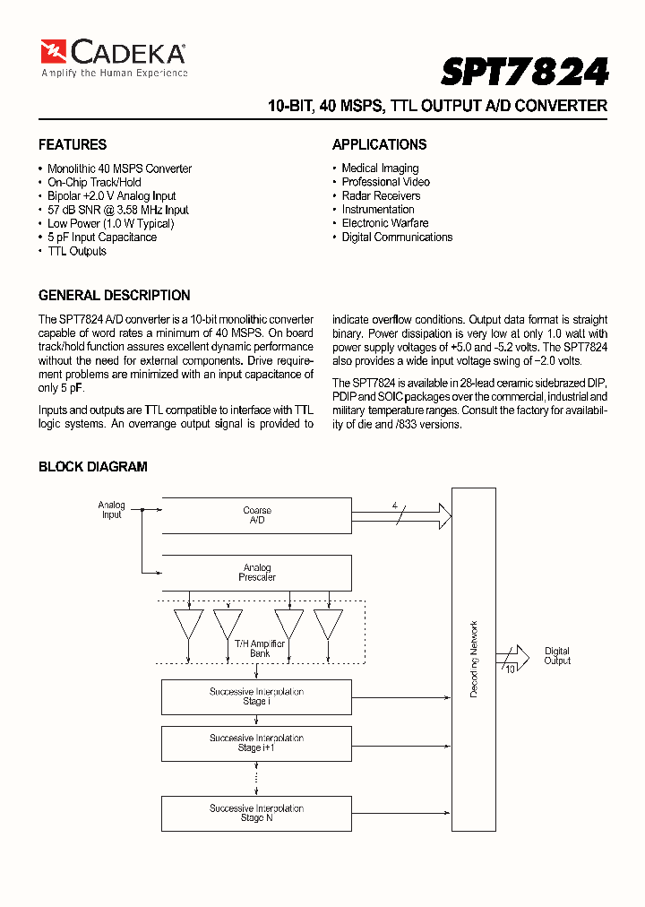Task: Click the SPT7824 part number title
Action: [x=525, y=71]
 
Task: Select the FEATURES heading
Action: [x=73, y=144]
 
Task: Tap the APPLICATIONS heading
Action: [x=379, y=144]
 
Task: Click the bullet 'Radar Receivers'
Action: [x=381, y=195]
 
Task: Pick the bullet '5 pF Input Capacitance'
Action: [x=101, y=238]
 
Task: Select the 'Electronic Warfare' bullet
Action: [x=384, y=223]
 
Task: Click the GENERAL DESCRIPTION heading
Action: [x=114, y=295]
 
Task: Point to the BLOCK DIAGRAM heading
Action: [x=92, y=466]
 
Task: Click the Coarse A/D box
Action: [x=256, y=515]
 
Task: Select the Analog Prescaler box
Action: [x=256, y=573]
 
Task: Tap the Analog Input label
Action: [x=111, y=510]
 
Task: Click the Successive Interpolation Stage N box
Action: [x=256, y=813]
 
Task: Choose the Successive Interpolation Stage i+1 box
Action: [x=256, y=743]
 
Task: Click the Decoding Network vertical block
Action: [x=473, y=659]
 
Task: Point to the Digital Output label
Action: [x=556, y=656]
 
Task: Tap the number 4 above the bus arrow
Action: [x=394, y=505]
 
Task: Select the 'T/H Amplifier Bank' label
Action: [x=260, y=649]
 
